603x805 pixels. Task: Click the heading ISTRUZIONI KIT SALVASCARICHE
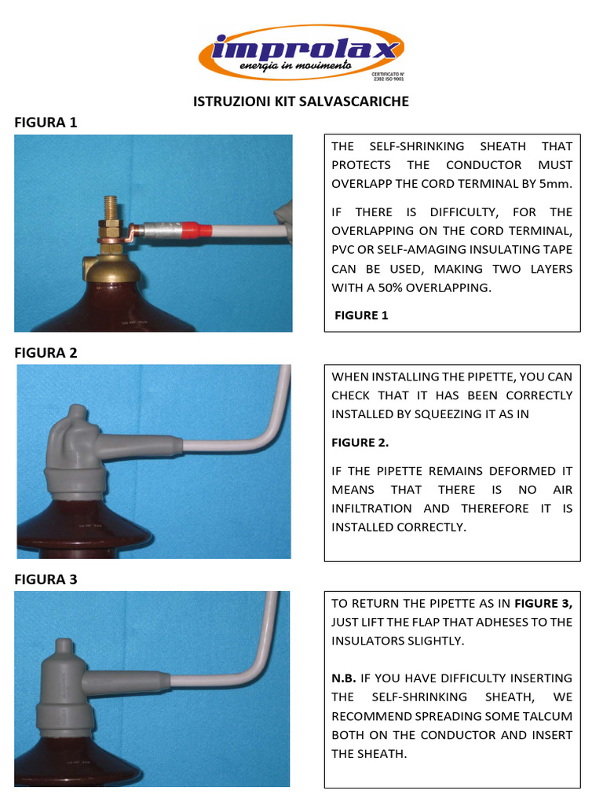[301, 101]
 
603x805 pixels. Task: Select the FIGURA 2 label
[46, 352]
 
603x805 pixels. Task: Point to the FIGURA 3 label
[46, 579]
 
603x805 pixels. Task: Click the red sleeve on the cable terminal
[197, 231]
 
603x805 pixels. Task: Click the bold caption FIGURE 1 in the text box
[361, 315]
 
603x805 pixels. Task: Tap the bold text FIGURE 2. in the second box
[360, 443]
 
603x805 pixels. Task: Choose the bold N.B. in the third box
[344, 678]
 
